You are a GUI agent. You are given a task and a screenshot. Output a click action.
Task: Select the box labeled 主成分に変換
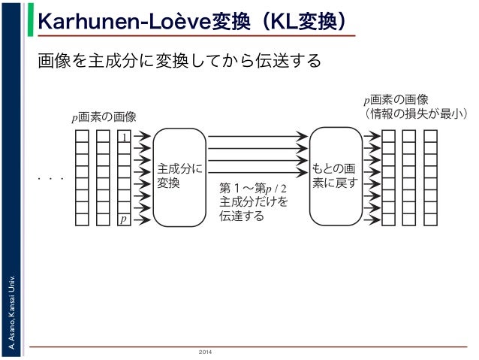click(x=179, y=177)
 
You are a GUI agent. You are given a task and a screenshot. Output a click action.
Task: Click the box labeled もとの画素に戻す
click(x=336, y=177)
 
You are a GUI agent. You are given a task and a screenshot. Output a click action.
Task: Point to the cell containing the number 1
click(x=124, y=137)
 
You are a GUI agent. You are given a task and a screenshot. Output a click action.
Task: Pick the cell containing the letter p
click(x=124, y=219)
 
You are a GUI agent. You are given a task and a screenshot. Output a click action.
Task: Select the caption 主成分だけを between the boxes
click(x=253, y=201)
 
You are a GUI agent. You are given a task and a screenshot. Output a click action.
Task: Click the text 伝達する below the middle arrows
click(x=241, y=216)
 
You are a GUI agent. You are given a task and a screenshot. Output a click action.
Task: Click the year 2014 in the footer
click(x=205, y=352)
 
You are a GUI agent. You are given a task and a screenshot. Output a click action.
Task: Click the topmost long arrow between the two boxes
click(x=258, y=137)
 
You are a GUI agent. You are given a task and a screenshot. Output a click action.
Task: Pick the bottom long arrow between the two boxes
click(x=258, y=173)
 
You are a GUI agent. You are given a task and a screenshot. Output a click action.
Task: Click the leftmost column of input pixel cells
click(x=82, y=177)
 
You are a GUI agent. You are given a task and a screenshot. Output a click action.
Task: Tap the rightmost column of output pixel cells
click(x=430, y=177)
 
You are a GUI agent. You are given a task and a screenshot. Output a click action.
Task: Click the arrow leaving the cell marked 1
click(x=141, y=137)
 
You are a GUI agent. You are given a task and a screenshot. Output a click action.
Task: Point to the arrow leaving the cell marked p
click(x=141, y=219)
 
